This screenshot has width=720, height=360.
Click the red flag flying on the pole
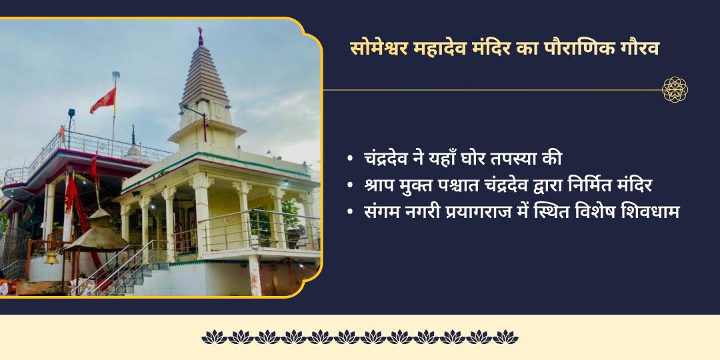104,101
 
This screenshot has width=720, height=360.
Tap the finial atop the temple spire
200,35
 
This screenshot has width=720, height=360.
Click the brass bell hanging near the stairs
51,257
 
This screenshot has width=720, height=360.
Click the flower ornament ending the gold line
675,89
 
